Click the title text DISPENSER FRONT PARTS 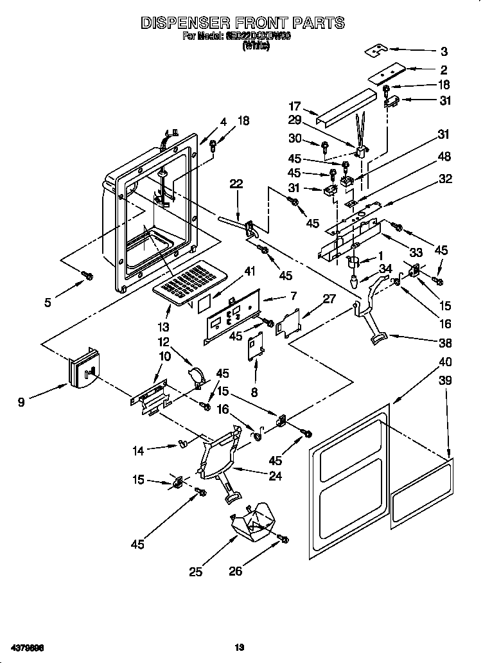pos(242,23)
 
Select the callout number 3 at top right pos(444,52)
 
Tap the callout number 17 pos(295,107)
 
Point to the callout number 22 pos(237,184)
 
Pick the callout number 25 pos(196,571)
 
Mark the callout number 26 pos(236,571)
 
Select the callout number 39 pos(444,380)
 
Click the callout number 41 pos(249,272)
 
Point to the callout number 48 pos(444,157)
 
